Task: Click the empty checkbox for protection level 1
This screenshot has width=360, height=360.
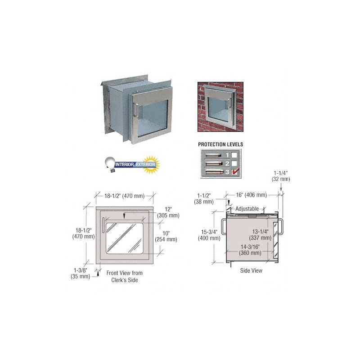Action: pyautogui.click(x=234, y=155)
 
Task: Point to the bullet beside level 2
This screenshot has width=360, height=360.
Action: pyautogui.click(x=213, y=163)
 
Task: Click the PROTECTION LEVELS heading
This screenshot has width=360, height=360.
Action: pyautogui.click(x=220, y=144)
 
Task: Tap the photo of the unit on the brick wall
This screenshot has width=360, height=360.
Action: pyautogui.click(x=220, y=106)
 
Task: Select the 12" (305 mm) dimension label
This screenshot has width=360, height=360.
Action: pyautogui.click(x=168, y=212)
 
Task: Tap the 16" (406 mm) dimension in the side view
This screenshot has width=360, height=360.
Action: pyautogui.click(x=252, y=195)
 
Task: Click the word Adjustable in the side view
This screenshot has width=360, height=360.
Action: pyautogui.click(x=247, y=209)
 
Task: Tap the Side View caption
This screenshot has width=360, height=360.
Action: pyautogui.click(x=251, y=271)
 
